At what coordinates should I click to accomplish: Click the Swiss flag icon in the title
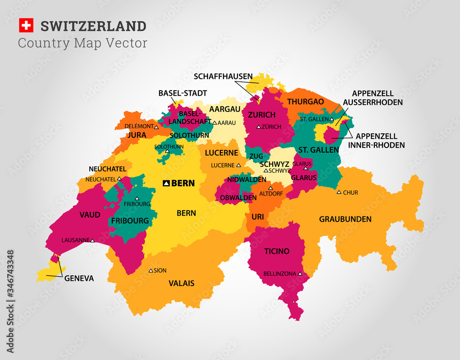(x=26, y=26)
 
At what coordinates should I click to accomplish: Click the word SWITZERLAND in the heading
(x=93, y=26)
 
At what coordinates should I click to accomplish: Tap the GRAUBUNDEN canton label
(x=345, y=219)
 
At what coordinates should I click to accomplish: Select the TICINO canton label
(x=277, y=251)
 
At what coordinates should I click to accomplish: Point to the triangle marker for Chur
(x=339, y=192)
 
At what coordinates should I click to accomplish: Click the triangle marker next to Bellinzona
(x=300, y=274)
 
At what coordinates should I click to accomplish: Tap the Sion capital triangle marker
(x=150, y=270)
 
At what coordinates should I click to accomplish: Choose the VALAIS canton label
(x=181, y=283)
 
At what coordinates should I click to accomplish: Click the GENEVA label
(x=79, y=278)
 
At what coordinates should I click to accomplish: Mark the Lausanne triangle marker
(x=92, y=240)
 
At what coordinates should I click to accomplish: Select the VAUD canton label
(x=90, y=214)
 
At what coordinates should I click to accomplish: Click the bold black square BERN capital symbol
(x=166, y=183)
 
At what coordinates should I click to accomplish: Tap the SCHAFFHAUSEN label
(x=223, y=76)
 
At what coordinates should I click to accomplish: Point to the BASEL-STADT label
(x=183, y=93)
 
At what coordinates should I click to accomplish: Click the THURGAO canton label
(x=305, y=102)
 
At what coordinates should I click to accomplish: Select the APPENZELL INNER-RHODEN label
(x=377, y=140)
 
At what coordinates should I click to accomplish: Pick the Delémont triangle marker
(x=157, y=126)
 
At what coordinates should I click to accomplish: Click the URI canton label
(x=258, y=216)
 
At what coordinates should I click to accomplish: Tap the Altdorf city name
(x=268, y=194)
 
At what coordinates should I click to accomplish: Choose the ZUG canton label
(x=256, y=157)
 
